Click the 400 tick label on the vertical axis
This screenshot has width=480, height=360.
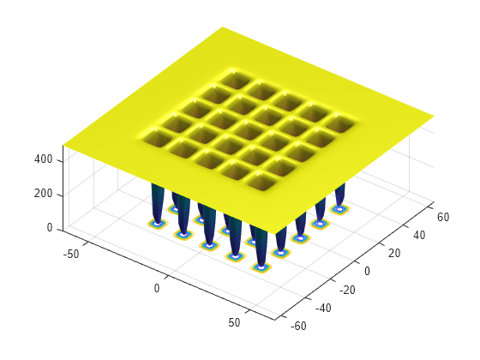click(x=43, y=160)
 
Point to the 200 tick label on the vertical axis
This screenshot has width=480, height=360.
click(x=43, y=195)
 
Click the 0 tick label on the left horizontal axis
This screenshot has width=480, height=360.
click(x=157, y=289)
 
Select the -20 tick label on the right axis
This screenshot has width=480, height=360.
click(x=347, y=290)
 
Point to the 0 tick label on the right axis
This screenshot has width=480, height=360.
click(x=367, y=271)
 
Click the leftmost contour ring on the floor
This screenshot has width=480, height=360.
click(x=157, y=224)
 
